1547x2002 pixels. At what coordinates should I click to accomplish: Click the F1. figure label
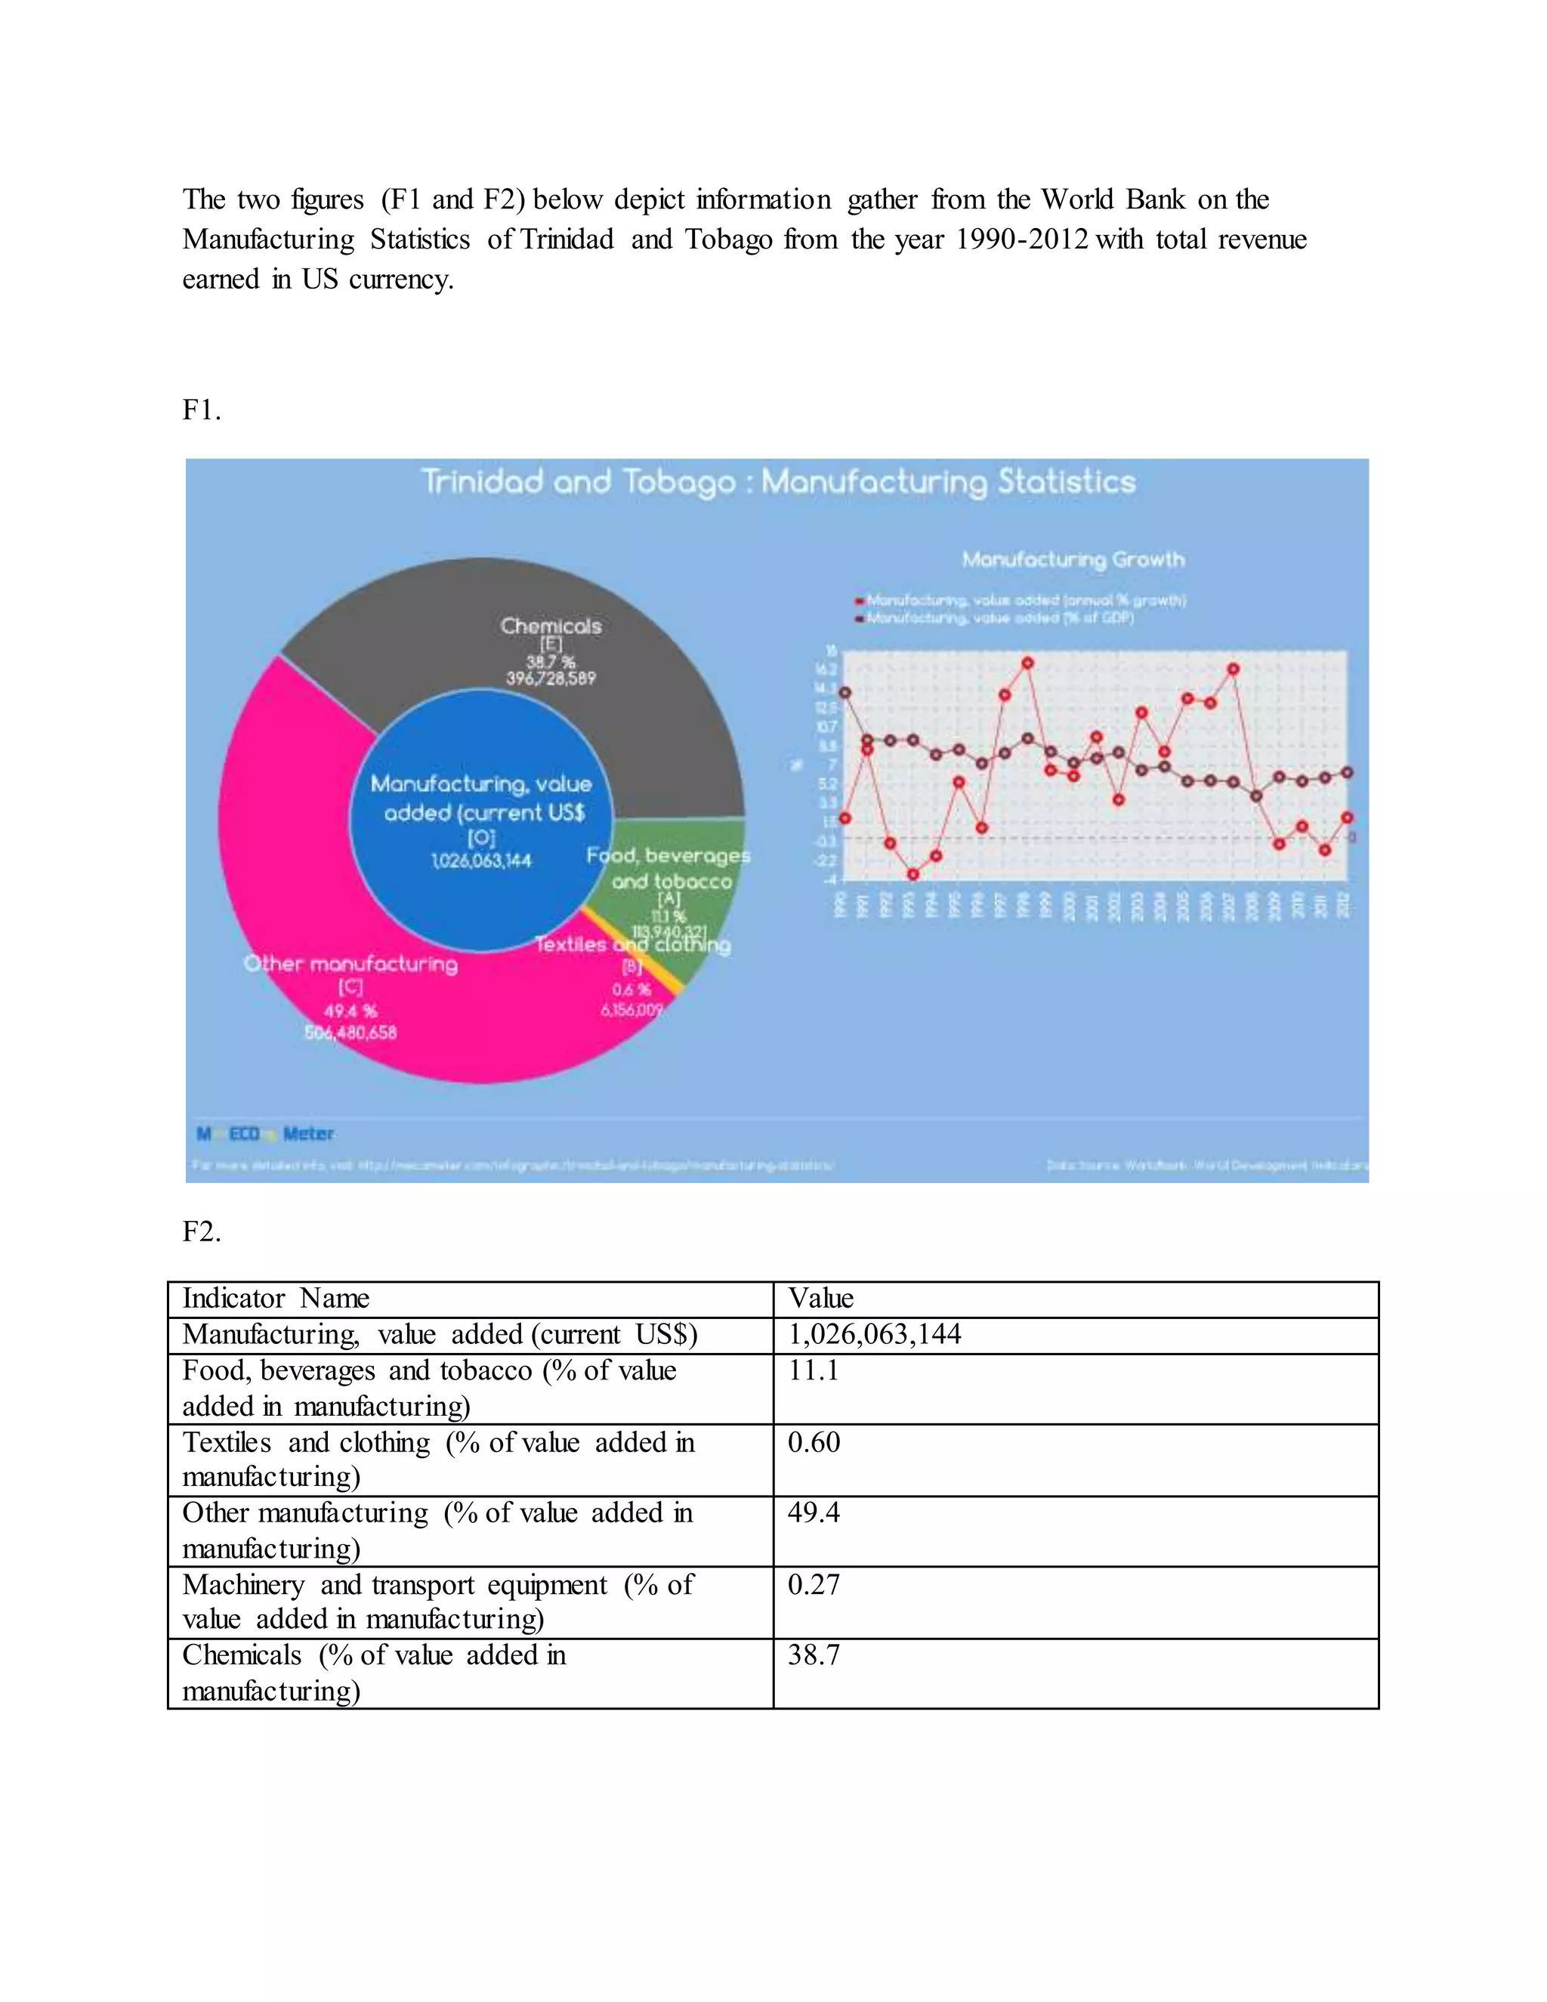click(202, 409)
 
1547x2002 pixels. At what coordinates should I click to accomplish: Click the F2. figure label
click(202, 1231)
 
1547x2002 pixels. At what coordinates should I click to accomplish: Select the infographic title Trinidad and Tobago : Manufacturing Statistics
click(778, 481)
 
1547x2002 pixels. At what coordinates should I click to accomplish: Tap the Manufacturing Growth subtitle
click(1073, 559)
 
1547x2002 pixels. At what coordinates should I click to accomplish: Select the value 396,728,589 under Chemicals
click(551, 678)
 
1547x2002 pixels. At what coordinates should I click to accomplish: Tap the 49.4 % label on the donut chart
click(350, 1011)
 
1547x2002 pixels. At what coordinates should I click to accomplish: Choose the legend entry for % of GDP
click(999, 618)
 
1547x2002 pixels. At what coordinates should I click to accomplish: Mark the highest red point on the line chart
click(1027, 663)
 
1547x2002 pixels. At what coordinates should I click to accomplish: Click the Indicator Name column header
click(276, 1298)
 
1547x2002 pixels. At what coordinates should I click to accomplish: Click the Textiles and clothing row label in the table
click(438, 1458)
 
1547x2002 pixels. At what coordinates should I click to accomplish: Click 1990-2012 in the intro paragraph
click(1022, 239)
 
